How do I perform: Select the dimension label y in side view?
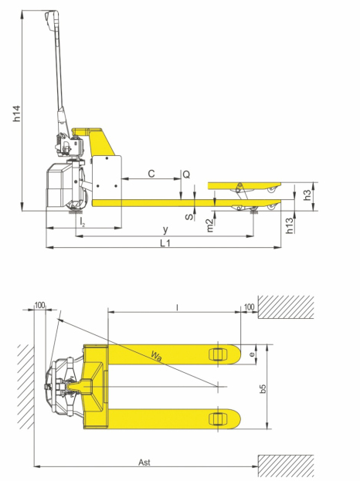point(165,230)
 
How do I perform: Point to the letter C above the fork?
point(151,174)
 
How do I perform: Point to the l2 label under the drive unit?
point(83,222)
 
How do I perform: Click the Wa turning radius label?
point(158,355)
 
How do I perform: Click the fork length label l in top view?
point(177,307)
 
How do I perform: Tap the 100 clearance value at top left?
point(40,306)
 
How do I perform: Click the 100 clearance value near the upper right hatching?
point(249,307)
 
